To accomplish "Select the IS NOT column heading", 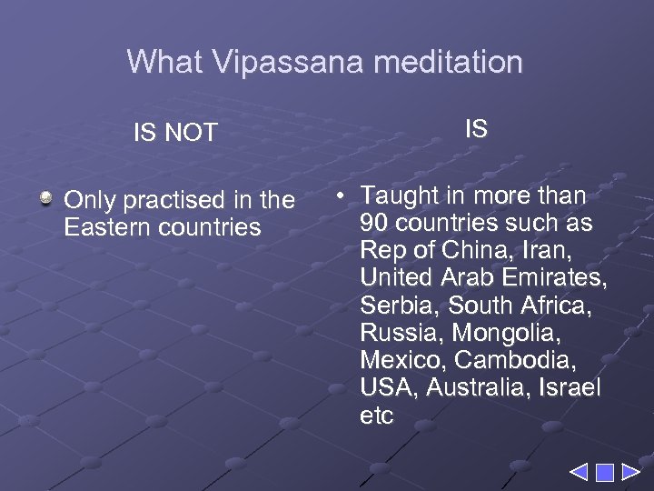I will point(175,133).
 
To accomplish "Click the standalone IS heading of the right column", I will point(476,129).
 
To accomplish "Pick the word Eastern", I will point(109,227).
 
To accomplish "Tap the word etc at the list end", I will point(376,416).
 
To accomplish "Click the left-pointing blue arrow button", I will point(580,473).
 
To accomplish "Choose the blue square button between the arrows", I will point(604,473).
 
